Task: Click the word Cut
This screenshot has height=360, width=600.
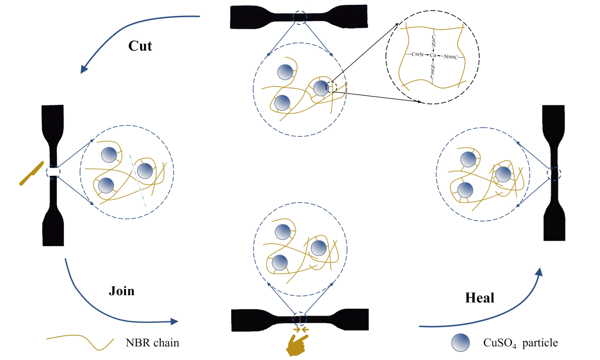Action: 140,46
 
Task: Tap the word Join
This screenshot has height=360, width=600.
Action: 122,290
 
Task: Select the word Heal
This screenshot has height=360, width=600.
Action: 480,298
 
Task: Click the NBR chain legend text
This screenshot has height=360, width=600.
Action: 152,343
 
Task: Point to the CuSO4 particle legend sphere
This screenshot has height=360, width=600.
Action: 460,342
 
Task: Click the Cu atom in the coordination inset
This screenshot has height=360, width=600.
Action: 433,55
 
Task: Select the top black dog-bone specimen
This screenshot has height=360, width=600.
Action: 299,17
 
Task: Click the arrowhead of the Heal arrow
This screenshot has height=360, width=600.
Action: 540,272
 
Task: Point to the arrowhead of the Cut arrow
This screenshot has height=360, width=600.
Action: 84,69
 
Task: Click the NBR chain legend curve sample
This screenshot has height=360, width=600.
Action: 80,341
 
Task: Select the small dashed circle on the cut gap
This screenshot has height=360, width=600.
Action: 53,172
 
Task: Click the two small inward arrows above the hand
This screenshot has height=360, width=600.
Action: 300,330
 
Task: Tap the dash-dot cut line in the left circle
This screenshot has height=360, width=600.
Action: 138,180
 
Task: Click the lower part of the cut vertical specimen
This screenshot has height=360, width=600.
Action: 53,216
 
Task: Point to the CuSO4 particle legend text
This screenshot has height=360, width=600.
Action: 520,343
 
